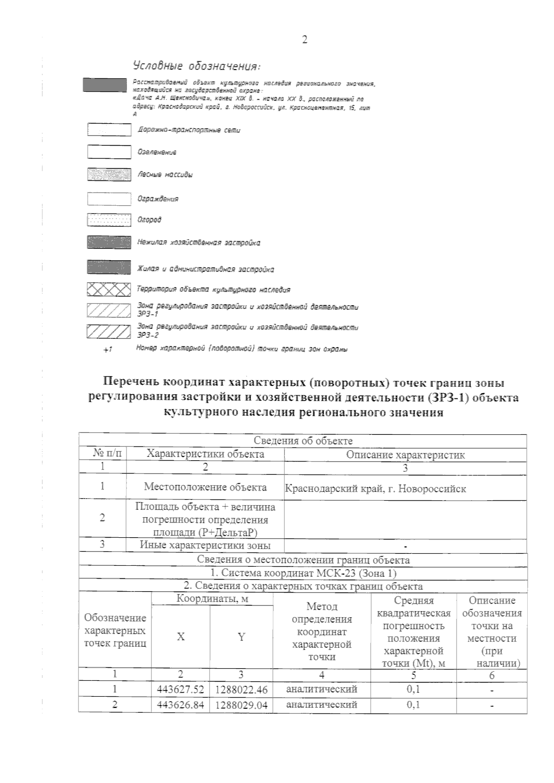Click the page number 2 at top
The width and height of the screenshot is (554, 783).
coord(304,40)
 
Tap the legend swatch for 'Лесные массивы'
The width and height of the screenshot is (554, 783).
coord(109,175)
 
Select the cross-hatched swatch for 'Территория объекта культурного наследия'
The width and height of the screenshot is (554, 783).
coord(109,290)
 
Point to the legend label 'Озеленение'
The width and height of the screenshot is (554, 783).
coord(157,152)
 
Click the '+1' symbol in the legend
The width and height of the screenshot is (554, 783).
coord(108,350)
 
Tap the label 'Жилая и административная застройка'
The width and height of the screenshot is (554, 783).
coord(206,269)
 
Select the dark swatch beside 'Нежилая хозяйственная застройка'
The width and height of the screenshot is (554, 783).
coord(109,243)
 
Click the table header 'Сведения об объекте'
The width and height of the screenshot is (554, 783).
coord(303,441)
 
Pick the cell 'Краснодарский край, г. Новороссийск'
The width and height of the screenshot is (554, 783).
coord(375,488)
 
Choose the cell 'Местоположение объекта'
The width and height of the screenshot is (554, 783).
coord(205,487)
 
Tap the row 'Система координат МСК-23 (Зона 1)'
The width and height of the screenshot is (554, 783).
coord(303,573)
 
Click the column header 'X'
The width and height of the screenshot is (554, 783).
coord(181,637)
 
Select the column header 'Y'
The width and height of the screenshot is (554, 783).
coord(241,637)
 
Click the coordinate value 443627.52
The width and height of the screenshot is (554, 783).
coord(181,690)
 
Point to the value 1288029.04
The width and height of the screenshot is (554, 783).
coord(241,706)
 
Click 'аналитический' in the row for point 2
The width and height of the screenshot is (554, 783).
coord(321,705)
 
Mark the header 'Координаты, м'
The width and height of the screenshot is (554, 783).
coord(212,599)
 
